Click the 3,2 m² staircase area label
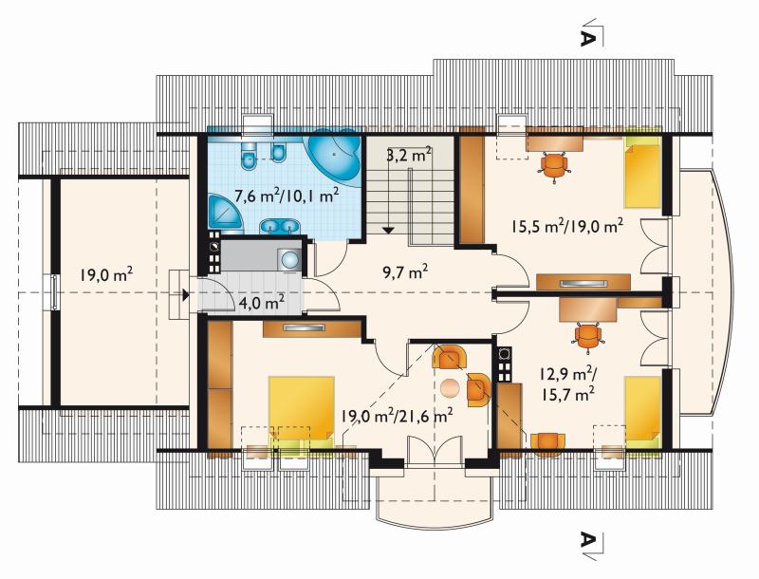409,156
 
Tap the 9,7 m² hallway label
405,273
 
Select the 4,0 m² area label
262,303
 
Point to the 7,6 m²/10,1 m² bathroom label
287,196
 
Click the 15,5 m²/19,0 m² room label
566,226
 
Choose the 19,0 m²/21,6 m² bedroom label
397,415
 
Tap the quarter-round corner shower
227,212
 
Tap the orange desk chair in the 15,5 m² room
554,165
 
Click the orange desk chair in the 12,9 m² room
587,335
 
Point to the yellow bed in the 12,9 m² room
643,410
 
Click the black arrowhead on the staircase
388,231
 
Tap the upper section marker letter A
586,39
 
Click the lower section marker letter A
586,539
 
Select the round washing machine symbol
290,259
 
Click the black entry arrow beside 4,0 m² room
185,294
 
